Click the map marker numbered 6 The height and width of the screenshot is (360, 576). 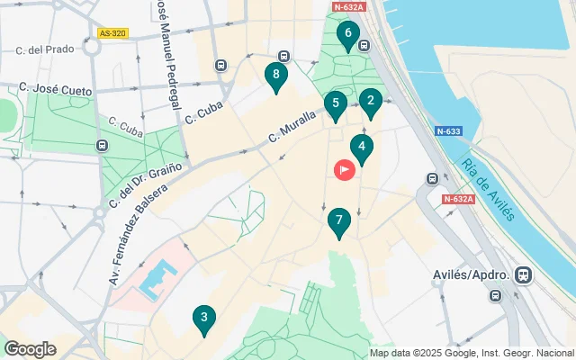347,35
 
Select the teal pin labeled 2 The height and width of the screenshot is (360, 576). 370,101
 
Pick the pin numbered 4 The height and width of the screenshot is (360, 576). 362,147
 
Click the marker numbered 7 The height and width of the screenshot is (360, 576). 338,220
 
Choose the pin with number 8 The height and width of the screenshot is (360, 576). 276,76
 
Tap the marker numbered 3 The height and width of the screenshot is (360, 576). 203,318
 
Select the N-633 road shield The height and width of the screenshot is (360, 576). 449,131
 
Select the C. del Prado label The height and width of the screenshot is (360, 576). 48,49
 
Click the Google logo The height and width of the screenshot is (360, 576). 30,349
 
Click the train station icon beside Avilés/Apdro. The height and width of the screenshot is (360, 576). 523,274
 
